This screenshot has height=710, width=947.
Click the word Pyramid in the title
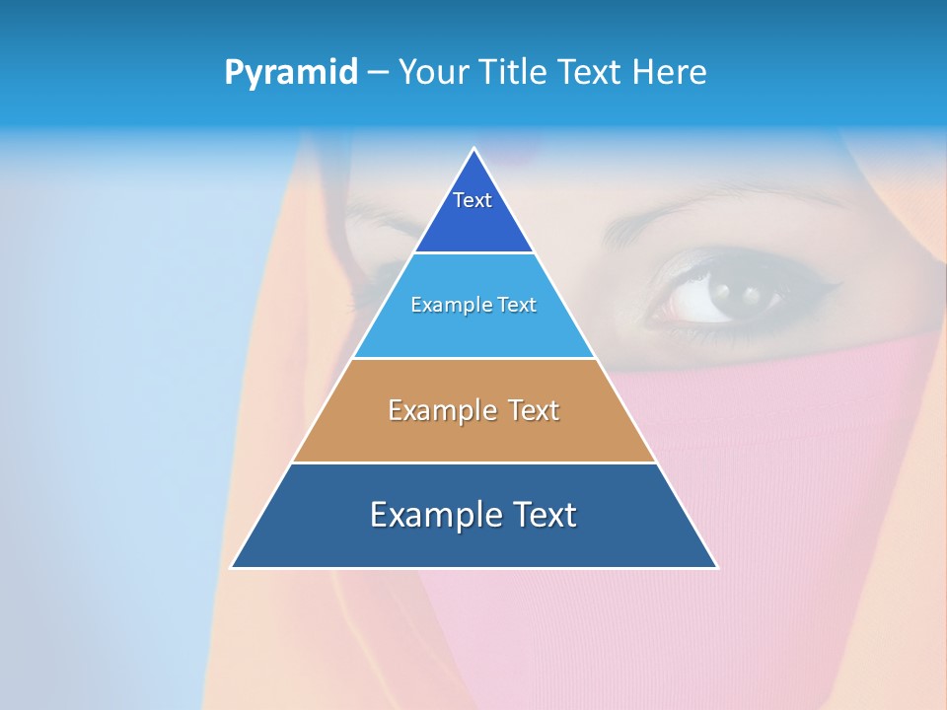tap(291, 73)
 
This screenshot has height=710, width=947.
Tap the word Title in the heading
tap(515, 72)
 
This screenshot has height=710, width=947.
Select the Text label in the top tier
tap(473, 200)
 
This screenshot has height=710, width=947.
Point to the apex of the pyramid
tap(474, 149)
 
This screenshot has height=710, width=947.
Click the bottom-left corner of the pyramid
tap(232, 567)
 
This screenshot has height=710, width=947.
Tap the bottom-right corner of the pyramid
tap(717, 567)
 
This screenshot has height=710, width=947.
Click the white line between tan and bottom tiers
tap(473, 462)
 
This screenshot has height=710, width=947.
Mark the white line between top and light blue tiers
tap(473, 252)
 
